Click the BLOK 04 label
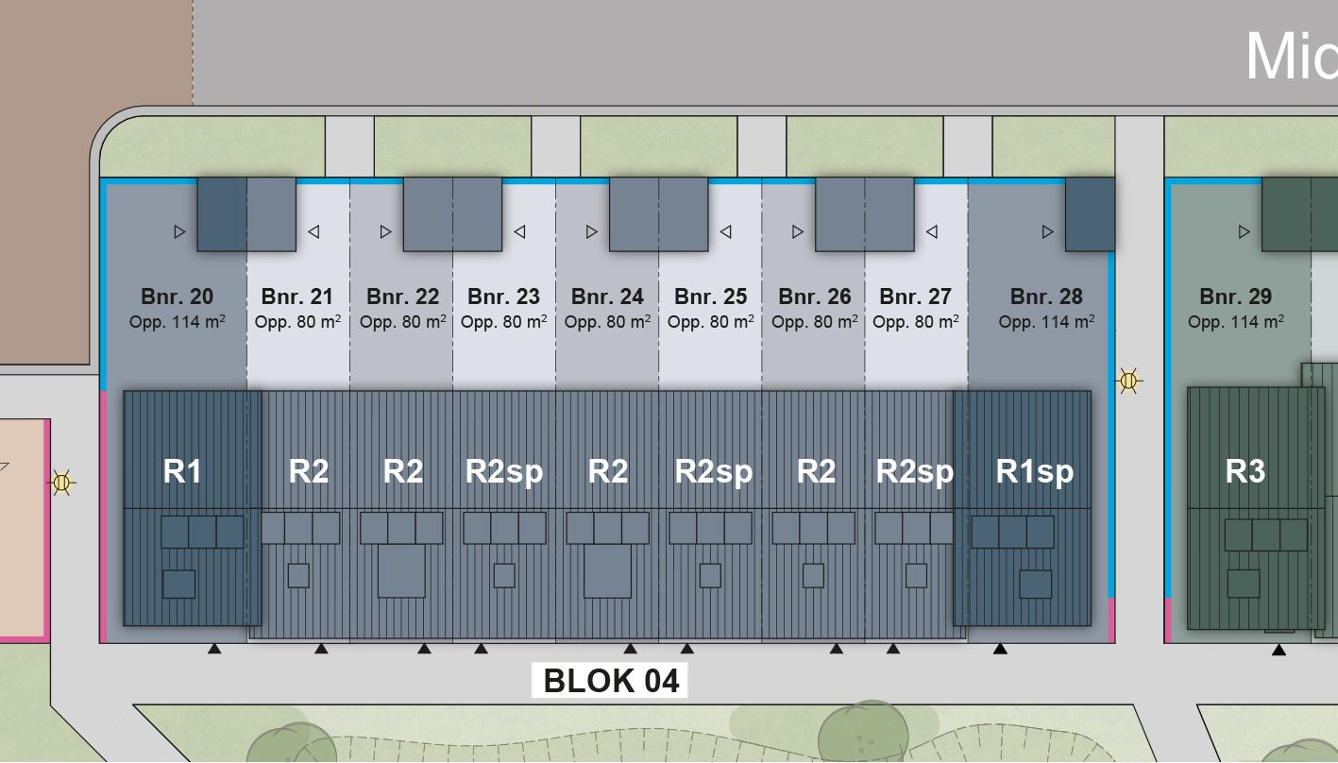[611, 681]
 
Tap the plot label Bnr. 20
[177, 297]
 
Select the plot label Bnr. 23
[503, 297]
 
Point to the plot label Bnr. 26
[815, 297]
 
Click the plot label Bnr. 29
[1236, 297]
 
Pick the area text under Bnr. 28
[1046, 321]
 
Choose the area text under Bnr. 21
[297, 321]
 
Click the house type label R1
[181, 471]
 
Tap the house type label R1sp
[1035, 472]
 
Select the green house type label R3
[1245, 471]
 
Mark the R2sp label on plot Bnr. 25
[713, 472]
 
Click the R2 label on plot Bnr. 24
[608, 471]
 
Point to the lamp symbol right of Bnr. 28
[1128, 380]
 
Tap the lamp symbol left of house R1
[61, 483]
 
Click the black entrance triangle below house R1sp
[1000, 649]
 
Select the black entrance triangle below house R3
[1279, 650]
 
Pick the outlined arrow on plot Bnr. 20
[179, 232]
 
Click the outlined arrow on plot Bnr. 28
[1048, 232]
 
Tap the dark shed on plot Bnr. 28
[1090, 214]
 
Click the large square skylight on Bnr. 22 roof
[401, 570]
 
